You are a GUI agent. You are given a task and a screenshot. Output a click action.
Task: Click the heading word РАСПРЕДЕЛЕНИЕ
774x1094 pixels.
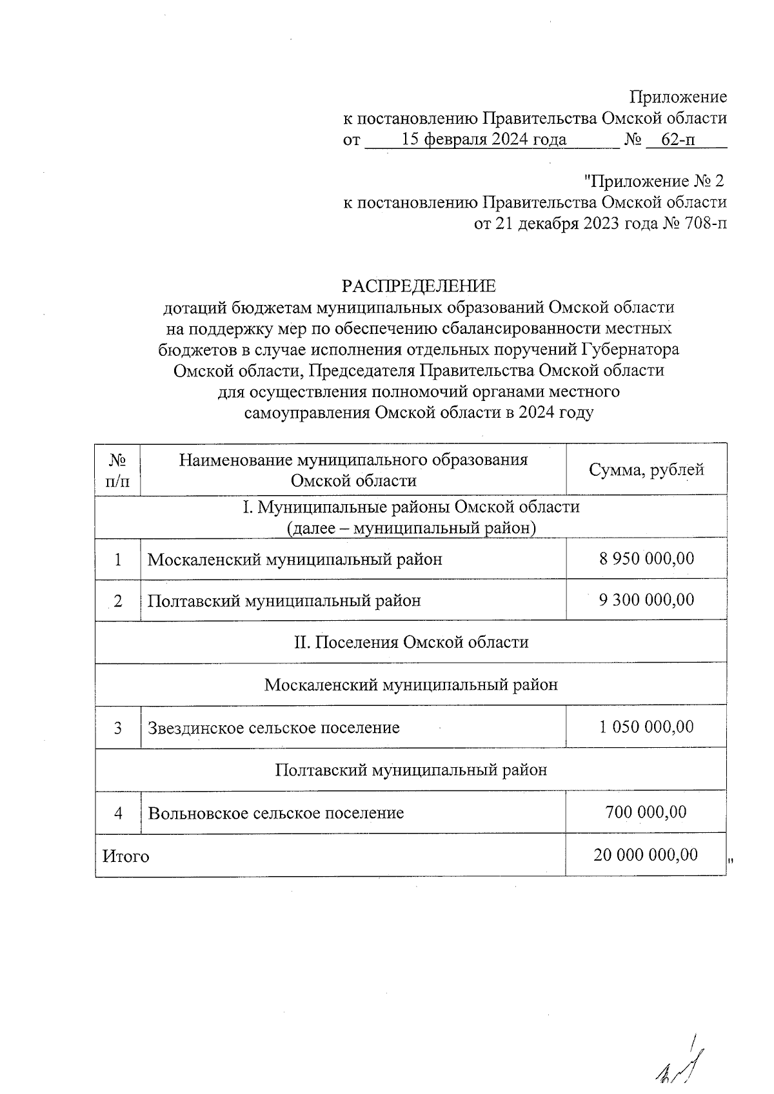[419, 286]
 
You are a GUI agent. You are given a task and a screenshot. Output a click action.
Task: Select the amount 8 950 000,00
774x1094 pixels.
[646, 558]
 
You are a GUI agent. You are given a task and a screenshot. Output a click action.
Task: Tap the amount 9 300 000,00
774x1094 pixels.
[646, 600]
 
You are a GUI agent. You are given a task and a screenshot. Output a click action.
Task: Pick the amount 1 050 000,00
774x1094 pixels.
[646, 727]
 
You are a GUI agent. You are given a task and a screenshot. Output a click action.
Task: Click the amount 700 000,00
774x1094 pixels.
[646, 812]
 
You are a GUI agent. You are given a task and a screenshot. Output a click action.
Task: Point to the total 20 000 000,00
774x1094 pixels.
[646, 855]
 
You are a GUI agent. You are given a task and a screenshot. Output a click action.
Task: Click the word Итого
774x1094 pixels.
[126, 856]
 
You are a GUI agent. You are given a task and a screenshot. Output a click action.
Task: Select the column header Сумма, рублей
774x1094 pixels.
[646, 469]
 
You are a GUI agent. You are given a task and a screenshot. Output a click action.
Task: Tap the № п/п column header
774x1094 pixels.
[117, 470]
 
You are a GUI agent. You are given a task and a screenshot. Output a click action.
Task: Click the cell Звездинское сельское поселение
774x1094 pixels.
[273, 728]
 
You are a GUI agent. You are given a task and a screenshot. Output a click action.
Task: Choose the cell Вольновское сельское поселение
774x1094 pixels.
[276, 812]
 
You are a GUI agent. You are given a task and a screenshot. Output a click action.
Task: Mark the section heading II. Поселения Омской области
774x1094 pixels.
[411, 642]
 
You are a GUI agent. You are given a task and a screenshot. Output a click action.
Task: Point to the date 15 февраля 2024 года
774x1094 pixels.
[484, 139]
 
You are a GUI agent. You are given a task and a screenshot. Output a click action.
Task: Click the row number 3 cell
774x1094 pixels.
[118, 728]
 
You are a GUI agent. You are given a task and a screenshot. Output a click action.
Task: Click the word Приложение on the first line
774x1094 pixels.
[678, 97]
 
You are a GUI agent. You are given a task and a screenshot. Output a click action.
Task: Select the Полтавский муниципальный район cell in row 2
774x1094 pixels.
[284, 601]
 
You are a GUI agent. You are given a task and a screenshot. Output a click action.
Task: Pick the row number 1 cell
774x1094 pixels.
[118, 559]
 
